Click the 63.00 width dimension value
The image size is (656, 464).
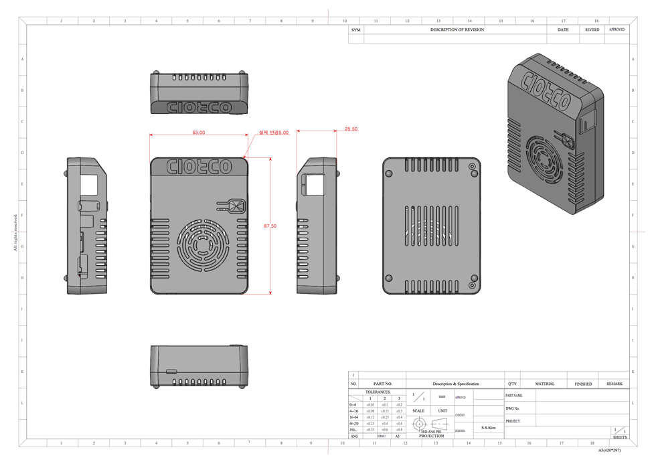point(198,133)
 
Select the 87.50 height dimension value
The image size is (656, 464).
point(270,226)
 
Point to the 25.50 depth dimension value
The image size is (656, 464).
point(351,129)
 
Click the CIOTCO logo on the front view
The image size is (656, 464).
point(199,166)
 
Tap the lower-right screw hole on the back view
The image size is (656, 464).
point(473,279)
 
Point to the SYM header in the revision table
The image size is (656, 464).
point(355,30)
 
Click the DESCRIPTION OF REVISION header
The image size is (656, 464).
point(457,30)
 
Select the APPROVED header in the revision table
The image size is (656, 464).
point(617,30)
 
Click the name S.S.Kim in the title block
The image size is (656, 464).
point(489,427)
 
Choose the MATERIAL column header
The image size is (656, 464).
point(545,384)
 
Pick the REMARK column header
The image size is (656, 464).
point(614,384)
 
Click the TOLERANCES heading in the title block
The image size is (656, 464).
point(378,392)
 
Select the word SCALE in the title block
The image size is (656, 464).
point(418,411)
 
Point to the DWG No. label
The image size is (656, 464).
point(513,408)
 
